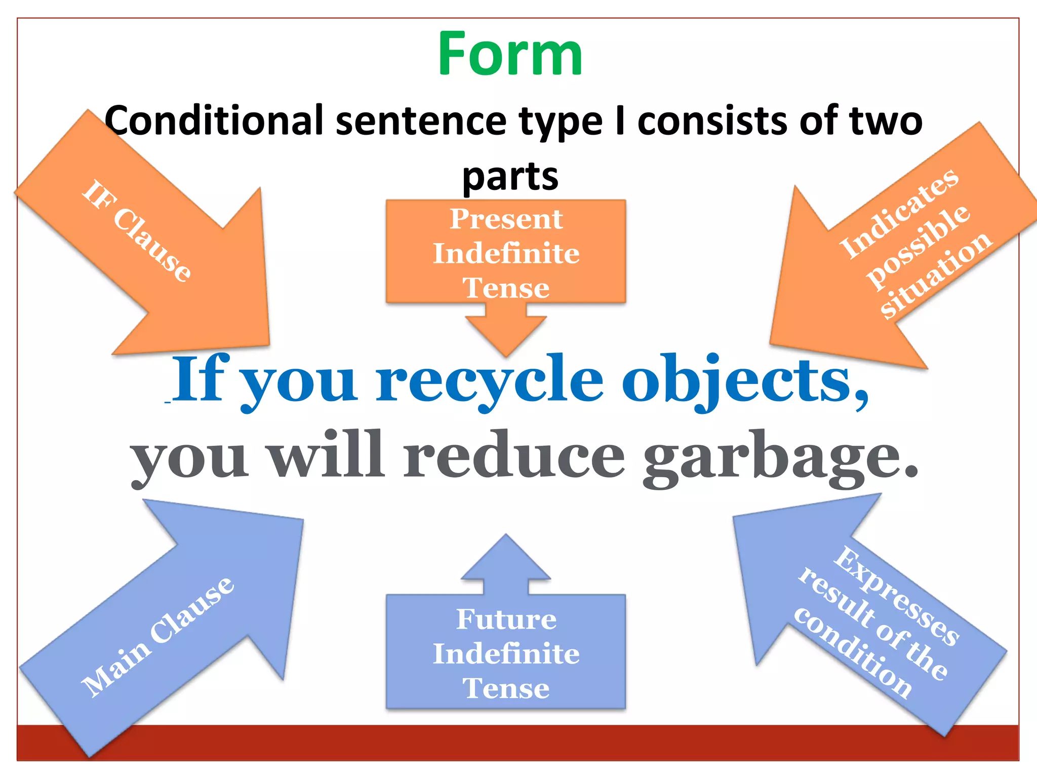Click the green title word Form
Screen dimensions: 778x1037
(x=510, y=55)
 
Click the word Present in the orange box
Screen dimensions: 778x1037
(x=506, y=219)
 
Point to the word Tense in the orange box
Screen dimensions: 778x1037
(x=506, y=288)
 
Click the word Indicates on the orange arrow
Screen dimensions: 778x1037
(x=898, y=213)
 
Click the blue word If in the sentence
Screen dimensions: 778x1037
(x=200, y=379)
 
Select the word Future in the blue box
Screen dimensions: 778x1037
(x=506, y=619)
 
